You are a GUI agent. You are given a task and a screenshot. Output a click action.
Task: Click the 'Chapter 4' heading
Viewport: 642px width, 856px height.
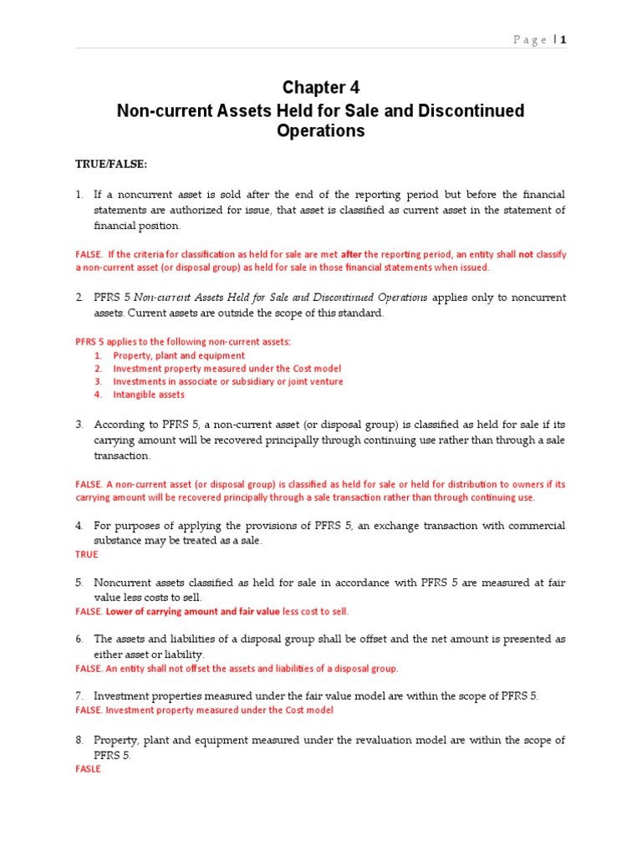(x=320, y=88)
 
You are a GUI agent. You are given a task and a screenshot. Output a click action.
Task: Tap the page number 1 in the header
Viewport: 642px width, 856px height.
(x=563, y=39)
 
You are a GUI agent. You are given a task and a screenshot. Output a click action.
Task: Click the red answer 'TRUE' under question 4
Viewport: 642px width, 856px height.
(x=87, y=554)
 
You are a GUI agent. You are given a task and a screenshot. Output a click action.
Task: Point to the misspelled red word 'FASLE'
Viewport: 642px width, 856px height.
(x=88, y=769)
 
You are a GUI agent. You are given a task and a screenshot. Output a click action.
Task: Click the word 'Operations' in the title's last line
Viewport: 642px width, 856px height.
(x=320, y=131)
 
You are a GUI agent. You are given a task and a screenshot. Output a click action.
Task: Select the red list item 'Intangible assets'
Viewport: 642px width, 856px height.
(x=149, y=395)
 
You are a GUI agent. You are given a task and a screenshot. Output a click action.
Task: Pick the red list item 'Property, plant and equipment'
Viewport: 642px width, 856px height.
(x=179, y=355)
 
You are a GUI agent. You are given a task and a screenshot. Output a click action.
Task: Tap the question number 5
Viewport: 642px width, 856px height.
(x=79, y=583)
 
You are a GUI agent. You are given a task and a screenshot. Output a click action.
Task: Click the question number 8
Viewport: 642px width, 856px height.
(x=79, y=740)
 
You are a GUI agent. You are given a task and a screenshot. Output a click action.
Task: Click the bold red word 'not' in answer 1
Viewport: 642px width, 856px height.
(x=526, y=254)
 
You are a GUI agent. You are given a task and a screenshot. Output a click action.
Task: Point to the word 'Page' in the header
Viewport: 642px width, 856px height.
(x=530, y=39)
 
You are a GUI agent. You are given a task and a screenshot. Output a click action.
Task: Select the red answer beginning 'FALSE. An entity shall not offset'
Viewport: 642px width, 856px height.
(x=237, y=669)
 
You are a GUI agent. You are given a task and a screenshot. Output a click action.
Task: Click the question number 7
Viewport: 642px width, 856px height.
(x=79, y=696)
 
